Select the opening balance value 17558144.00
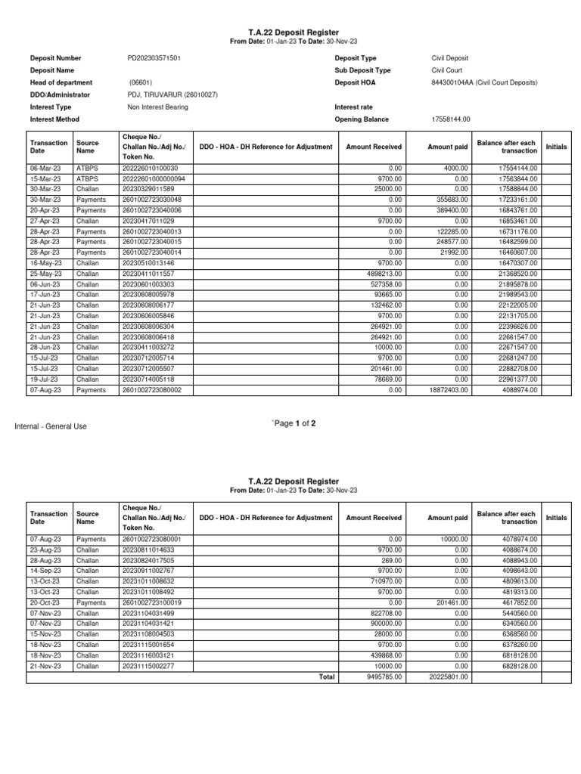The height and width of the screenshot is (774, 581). point(451,119)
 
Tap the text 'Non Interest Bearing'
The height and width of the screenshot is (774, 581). point(158,107)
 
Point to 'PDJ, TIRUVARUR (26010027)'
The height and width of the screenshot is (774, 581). point(173,94)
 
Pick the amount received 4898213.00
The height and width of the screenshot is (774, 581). point(383,272)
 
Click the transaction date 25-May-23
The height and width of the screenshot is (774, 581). point(45,272)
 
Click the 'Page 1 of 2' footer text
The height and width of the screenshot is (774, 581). point(294,424)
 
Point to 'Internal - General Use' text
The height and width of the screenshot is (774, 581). point(51,426)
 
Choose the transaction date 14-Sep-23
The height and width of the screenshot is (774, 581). point(45,571)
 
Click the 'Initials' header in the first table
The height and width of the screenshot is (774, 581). point(555,146)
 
